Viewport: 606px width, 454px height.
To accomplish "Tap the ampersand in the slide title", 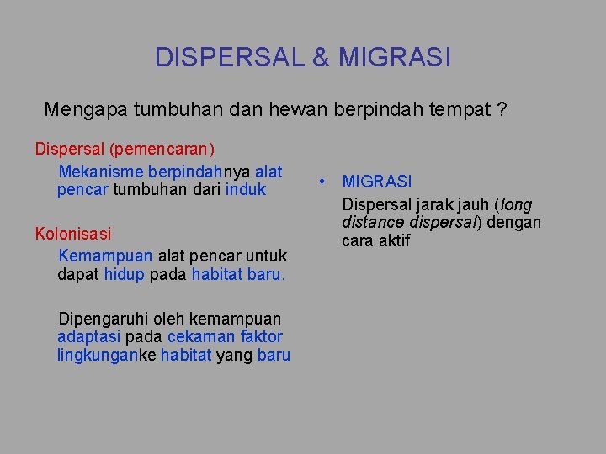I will coord(321,57).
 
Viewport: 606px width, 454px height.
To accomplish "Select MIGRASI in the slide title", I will coord(395,57).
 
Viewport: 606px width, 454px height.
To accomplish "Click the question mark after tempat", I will coord(502,109).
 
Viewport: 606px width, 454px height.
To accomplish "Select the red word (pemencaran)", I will coord(162,150).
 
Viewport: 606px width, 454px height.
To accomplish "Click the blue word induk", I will coord(246,190).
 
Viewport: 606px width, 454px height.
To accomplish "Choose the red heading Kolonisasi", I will coord(73,233).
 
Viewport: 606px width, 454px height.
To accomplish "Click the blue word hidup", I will coord(124,274).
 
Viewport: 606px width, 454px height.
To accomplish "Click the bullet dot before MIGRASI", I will coord(322,182).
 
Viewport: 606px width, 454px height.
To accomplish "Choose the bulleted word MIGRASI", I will coord(377,182).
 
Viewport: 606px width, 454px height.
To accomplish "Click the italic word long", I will coord(517,204).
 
